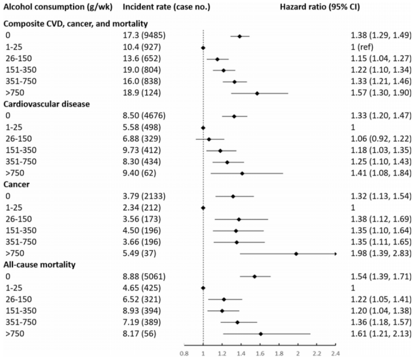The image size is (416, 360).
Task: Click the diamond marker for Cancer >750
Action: point(296,253)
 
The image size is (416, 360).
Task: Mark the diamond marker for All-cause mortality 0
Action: point(254,276)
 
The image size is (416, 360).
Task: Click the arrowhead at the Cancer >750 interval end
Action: point(335,253)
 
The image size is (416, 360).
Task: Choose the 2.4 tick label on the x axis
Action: point(335,352)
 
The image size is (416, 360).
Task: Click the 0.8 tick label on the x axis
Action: point(184,352)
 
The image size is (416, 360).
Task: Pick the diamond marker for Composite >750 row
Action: point(257,93)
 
